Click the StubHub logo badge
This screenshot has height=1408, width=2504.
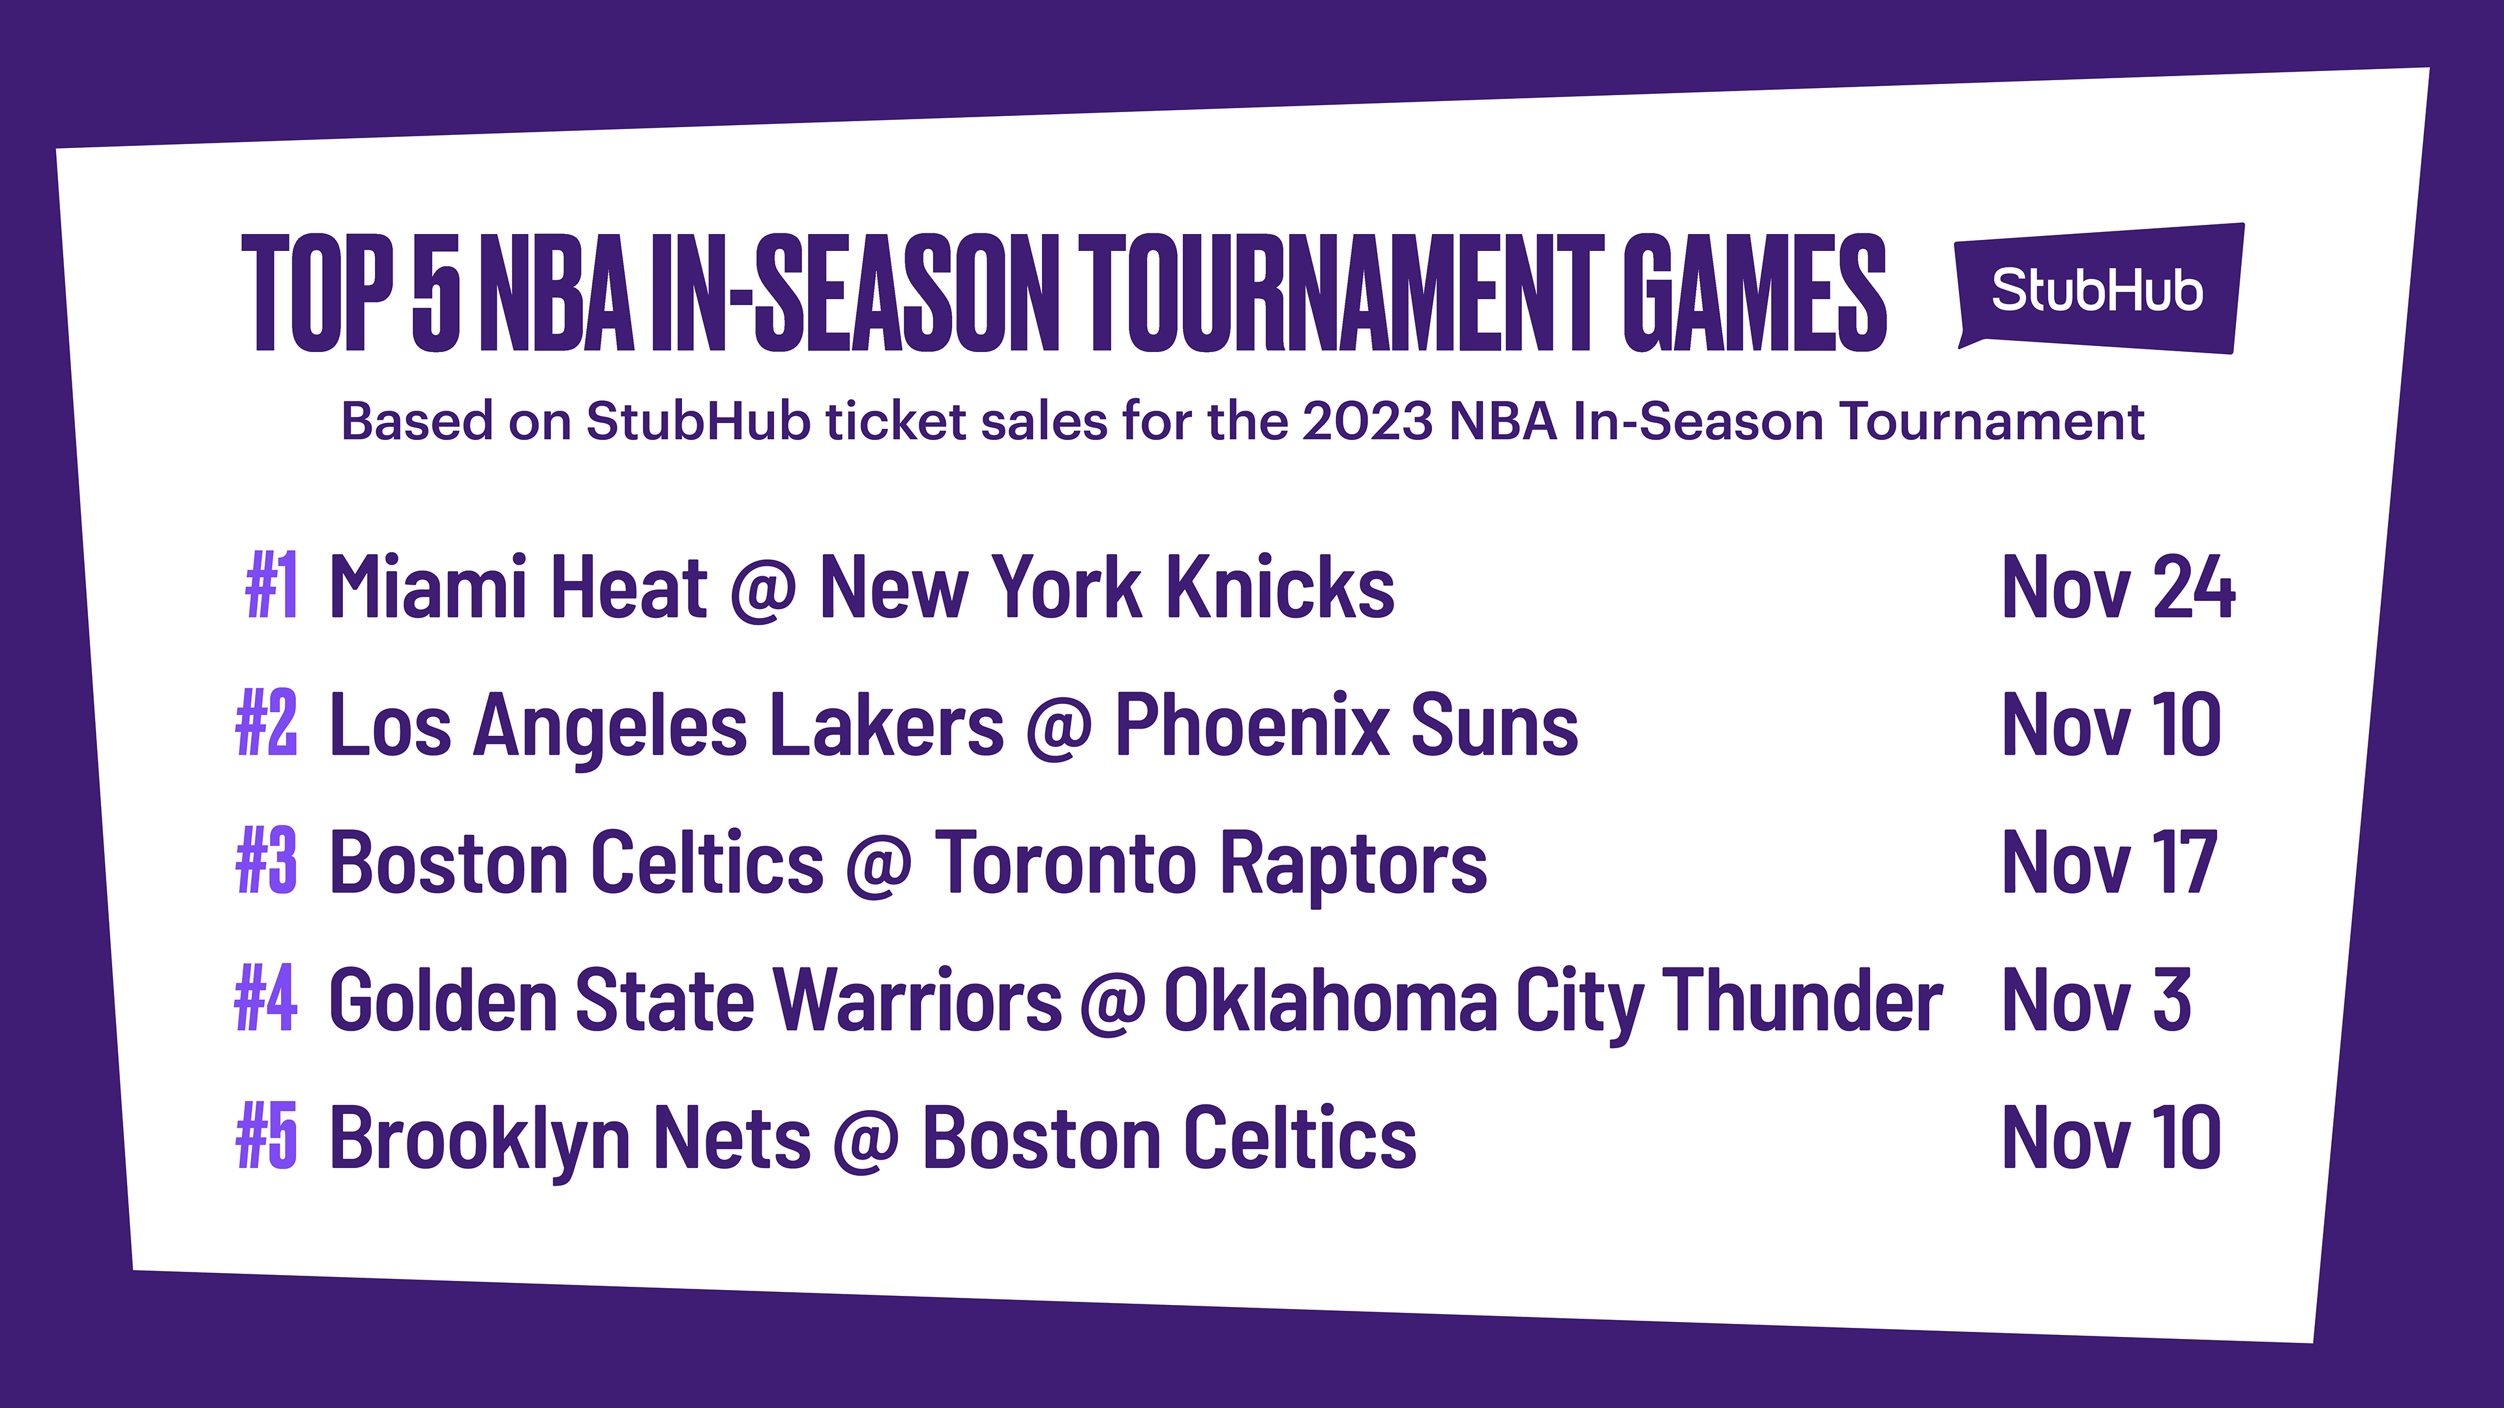tap(2100, 289)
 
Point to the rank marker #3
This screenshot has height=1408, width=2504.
tap(266, 861)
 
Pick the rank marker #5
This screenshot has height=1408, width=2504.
tap(266, 1136)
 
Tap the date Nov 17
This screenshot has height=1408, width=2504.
tap(2109, 862)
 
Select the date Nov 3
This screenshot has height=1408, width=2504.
tap(2096, 1000)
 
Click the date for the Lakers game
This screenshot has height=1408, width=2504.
tap(2111, 725)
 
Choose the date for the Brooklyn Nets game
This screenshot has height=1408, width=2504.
tap(2111, 1137)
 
